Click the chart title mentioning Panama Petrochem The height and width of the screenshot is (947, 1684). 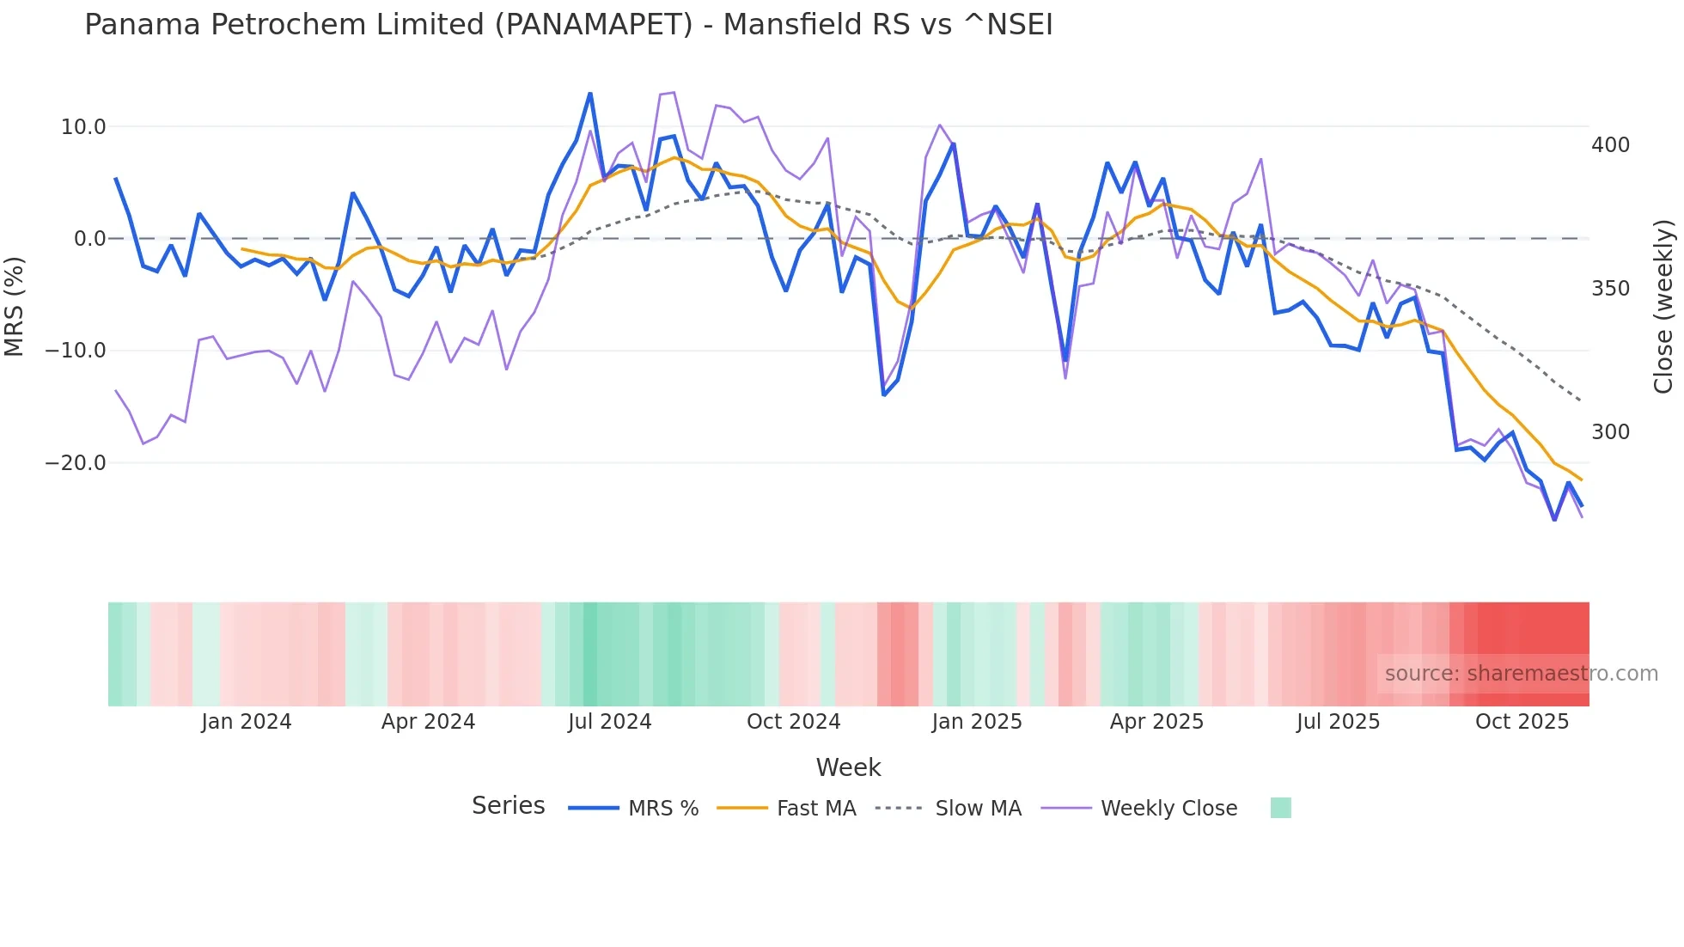click(x=568, y=25)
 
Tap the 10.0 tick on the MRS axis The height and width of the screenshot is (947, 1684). click(x=83, y=127)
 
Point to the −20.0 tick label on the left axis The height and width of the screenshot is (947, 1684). click(x=76, y=463)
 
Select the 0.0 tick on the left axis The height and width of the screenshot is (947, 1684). click(x=89, y=239)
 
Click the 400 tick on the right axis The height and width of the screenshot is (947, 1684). click(x=1610, y=145)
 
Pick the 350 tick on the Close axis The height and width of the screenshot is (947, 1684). click(x=1610, y=289)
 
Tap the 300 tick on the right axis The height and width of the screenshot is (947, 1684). click(x=1610, y=432)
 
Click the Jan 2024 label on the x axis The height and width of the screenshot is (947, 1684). click(x=247, y=722)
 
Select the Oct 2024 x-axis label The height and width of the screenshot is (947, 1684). click(x=793, y=722)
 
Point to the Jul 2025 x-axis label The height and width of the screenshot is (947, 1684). click(x=1338, y=722)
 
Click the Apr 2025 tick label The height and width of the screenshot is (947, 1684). click(x=1156, y=722)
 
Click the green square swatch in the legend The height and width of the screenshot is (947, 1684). click(x=1280, y=808)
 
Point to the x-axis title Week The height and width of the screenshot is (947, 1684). click(x=848, y=767)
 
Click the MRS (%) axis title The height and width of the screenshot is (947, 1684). click(x=15, y=307)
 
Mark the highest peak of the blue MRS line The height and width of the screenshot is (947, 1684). click(x=590, y=94)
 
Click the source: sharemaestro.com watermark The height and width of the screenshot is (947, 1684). click(x=1521, y=674)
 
